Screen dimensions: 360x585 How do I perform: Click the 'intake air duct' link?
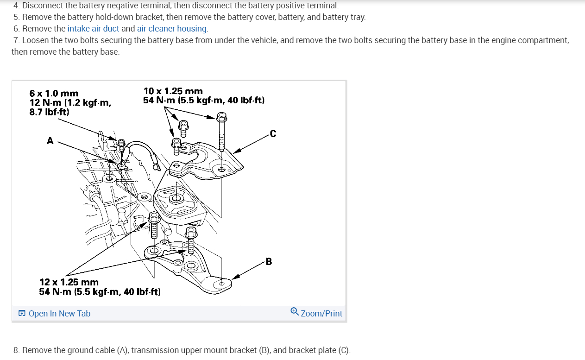pos(93,28)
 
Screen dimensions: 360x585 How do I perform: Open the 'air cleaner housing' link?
pos(172,28)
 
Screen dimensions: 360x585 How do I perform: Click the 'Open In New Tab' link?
pos(59,314)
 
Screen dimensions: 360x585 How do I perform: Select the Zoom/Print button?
pos(321,314)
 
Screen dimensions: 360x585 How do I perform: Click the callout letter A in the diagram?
pos(50,140)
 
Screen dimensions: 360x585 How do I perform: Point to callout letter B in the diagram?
pos(269,262)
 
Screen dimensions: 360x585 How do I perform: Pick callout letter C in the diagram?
pos(273,134)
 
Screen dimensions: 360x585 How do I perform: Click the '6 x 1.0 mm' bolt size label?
pos(54,94)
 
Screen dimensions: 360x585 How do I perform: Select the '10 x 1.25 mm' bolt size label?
pos(173,91)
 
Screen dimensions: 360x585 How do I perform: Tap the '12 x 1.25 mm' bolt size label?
pos(69,282)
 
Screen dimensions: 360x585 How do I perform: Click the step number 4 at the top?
pos(16,6)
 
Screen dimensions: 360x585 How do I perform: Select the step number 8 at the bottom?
pos(16,350)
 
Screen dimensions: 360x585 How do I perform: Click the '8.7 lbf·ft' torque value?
pos(49,112)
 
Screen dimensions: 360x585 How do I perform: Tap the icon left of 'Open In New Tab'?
pos(22,314)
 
